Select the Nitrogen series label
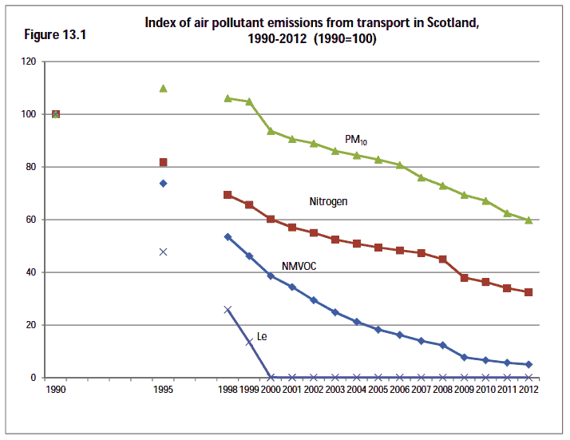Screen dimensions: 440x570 [x=328, y=201]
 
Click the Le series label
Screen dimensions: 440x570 [x=261, y=336]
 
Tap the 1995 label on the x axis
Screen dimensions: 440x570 [x=163, y=390]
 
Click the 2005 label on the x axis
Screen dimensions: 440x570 [x=378, y=390]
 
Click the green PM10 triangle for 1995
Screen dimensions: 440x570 [x=163, y=88]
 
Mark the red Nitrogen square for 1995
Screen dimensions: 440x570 [x=163, y=162]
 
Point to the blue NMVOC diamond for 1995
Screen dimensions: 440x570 [x=163, y=183]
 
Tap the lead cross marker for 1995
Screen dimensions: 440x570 [x=163, y=252]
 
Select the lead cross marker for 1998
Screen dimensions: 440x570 [x=228, y=310]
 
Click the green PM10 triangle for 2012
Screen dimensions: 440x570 [x=528, y=220]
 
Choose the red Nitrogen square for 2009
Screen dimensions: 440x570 [x=464, y=278]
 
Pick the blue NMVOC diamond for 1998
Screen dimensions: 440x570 [x=228, y=236]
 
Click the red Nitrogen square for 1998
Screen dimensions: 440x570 [x=228, y=195]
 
